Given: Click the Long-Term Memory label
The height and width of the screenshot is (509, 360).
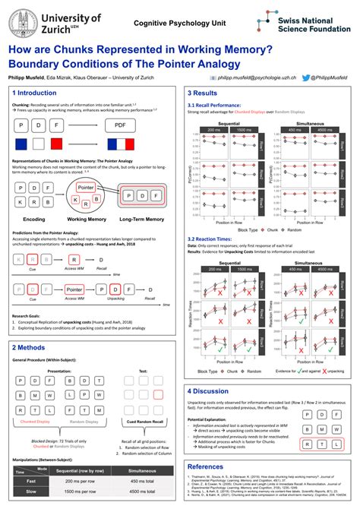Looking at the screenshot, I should tap(142, 219).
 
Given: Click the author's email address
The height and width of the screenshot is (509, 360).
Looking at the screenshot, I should tap(257, 77).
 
